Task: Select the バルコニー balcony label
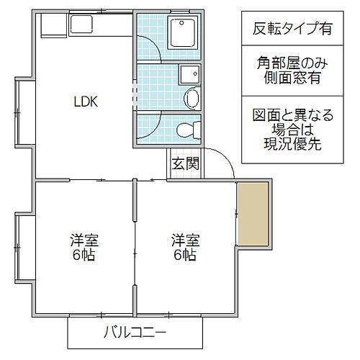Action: pyautogui.click(x=135, y=333)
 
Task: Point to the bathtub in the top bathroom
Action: pyautogui.click(x=184, y=33)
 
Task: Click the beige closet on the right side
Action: pyautogui.click(x=253, y=214)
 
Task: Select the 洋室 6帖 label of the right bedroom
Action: pyautogui.click(x=184, y=248)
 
